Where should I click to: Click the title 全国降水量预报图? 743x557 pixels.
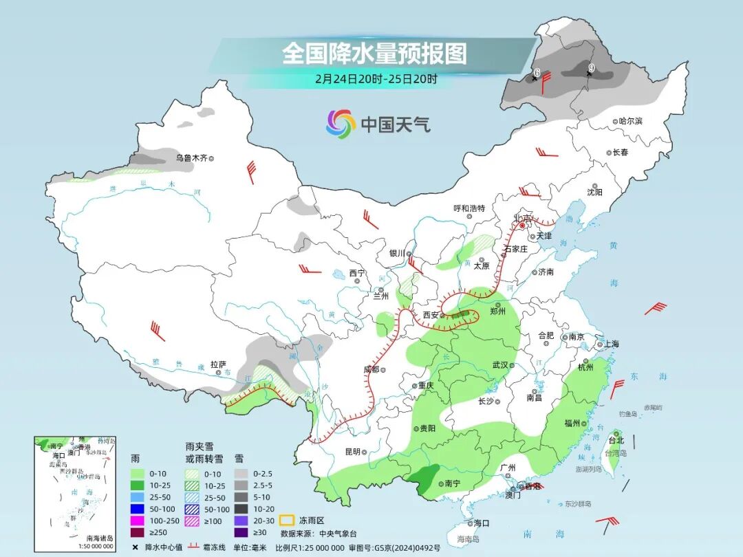[x=374, y=53]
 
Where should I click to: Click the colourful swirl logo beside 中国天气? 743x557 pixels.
[x=341, y=124]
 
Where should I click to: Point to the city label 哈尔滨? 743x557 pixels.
[x=629, y=121]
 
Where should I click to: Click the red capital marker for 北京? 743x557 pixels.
[x=522, y=225]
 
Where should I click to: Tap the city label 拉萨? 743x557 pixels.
[x=218, y=364]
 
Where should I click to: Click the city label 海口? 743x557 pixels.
[x=481, y=523]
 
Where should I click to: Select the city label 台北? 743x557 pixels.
[x=616, y=440]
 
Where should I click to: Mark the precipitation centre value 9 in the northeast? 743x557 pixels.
[x=590, y=69]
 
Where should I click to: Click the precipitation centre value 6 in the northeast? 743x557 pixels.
[x=537, y=73]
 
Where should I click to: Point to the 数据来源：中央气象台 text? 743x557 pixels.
[x=318, y=533]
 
